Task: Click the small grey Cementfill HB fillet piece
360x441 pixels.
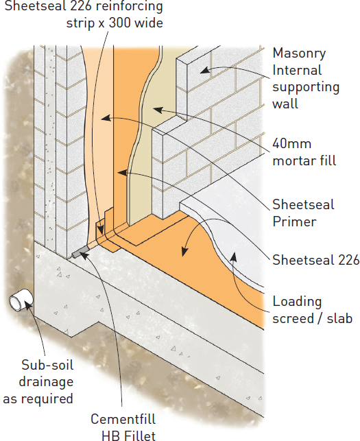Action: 80,252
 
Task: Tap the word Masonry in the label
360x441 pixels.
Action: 299,53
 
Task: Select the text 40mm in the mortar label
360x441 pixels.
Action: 291,144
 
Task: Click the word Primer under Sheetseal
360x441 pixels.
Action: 294,222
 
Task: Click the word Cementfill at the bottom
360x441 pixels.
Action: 123,419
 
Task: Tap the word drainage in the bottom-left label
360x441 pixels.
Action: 46,382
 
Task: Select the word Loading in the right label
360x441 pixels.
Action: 297,302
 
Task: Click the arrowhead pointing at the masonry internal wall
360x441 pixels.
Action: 205,70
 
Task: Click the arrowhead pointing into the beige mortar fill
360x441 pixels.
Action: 158,110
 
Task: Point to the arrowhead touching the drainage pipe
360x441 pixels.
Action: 28,305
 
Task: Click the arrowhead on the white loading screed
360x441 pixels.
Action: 233,257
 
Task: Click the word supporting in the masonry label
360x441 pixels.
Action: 306,87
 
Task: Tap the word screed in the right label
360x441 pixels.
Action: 293,319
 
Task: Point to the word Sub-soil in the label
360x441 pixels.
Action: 47,365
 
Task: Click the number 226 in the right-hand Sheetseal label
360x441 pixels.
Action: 348,260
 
